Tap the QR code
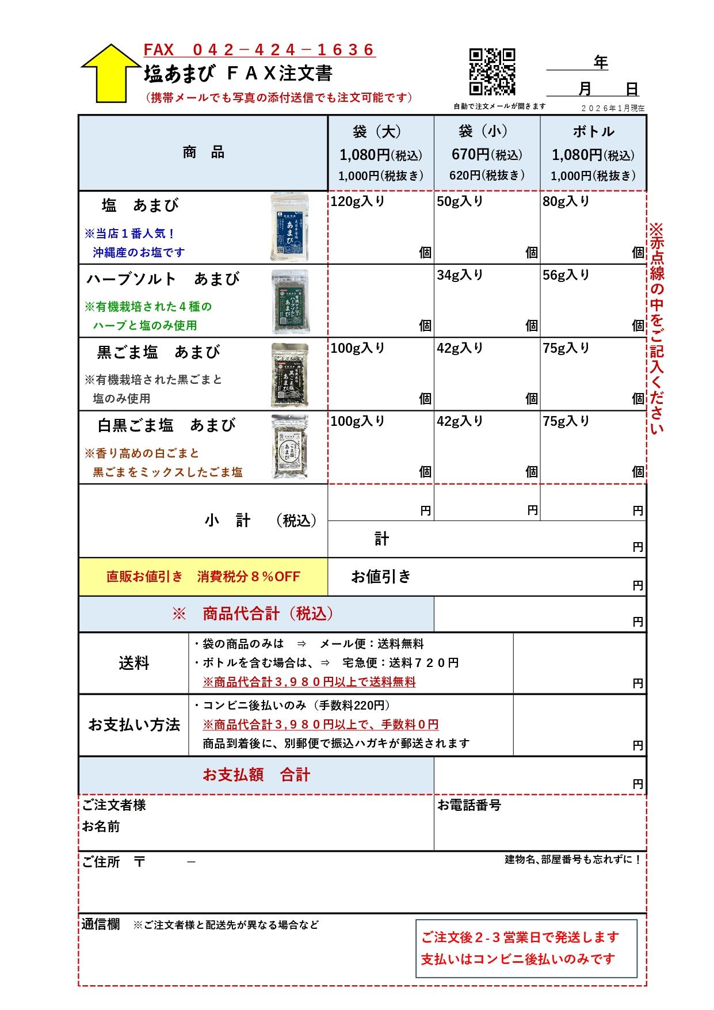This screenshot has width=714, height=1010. (x=492, y=71)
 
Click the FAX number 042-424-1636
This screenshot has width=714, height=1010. (x=259, y=49)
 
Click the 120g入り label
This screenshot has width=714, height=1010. (x=357, y=201)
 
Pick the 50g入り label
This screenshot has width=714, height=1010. (x=460, y=201)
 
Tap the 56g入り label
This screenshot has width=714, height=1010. (x=566, y=275)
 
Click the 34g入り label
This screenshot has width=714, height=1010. (x=460, y=275)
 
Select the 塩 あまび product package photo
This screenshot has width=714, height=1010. (x=290, y=227)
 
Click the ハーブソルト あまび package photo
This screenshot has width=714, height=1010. (x=290, y=301)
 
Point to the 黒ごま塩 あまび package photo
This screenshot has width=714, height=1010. (x=290, y=375)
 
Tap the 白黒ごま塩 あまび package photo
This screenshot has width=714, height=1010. (x=290, y=447)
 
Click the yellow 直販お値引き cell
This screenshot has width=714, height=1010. (x=203, y=576)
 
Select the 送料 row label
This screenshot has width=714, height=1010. (x=134, y=663)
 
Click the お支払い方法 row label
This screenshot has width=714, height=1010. (x=134, y=725)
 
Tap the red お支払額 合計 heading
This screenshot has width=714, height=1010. (x=256, y=775)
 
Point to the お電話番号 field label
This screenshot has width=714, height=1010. (x=469, y=805)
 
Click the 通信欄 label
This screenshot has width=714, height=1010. (x=100, y=924)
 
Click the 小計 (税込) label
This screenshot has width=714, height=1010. (x=260, y=521)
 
